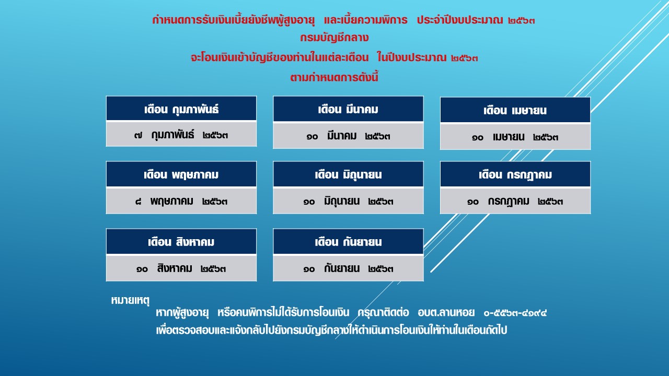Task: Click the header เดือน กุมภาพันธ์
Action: click(x=181, y=109)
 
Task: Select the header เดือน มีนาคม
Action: click(x=348, y=109)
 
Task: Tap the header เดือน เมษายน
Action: click(x=515, y=110)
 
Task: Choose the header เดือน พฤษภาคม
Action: click(x=181, y=174)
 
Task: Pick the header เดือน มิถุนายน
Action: click(x=348, y=174)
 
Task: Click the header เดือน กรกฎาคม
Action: click(x=515, y=175)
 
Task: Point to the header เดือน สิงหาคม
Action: click(x=181, y=241)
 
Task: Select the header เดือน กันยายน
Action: click(x=348, y=242)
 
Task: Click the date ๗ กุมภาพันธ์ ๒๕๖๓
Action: click(x=181, y=135)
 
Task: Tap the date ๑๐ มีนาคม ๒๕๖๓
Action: click(x=348, y=136)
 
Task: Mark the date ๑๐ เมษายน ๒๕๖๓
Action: click(x=515, y=137)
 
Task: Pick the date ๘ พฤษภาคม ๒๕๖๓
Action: click(x=181, y=202)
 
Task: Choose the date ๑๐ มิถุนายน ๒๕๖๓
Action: click(x=348, y=202)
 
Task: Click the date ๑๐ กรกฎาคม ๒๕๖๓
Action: click(x=515, y=202)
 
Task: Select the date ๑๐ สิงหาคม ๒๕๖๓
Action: click(x=181, y=268)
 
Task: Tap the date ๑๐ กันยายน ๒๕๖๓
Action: click(x=348, y=268)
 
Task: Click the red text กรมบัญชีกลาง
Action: click(x=334, y=38)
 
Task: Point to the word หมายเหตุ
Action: click(x=130, y=300)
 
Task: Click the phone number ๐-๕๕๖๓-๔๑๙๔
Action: click(x=515, y=313)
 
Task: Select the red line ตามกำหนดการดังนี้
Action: click(x=334, y=77)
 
